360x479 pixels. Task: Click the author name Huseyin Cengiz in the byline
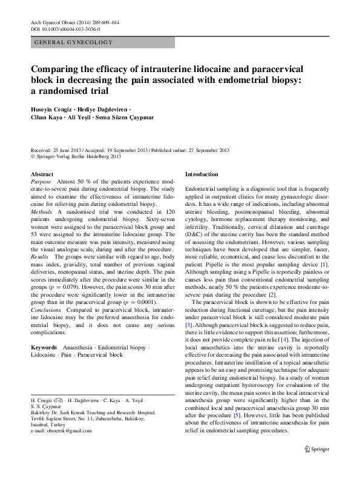[x=53, y=110]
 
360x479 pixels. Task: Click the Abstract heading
[x=42, y=174]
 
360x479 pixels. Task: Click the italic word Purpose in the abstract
[x=41, y=182]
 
